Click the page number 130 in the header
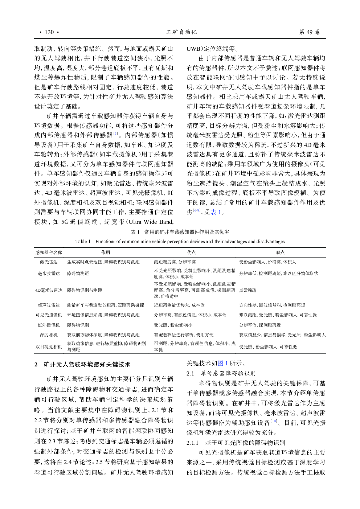point(49,32)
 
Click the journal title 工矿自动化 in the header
point(181,32)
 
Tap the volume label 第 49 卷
point(309,32)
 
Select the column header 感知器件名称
point(49,253)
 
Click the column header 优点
point(191,253)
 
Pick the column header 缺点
point(280,253)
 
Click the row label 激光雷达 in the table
point(49,262)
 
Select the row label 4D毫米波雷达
point(49,290)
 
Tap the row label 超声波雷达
point(49,305)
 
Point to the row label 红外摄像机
point(49,325)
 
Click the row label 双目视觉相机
point(49,347)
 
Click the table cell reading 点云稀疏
point(248,290)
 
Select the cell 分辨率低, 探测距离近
point(260,325)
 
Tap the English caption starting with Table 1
point(180,242)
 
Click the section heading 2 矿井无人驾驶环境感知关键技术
point(83,364)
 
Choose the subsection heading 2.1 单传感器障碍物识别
point(221,373)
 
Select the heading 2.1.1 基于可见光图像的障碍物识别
point(236,443)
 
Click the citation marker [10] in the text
point(274,421)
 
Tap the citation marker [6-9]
point(197,210)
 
